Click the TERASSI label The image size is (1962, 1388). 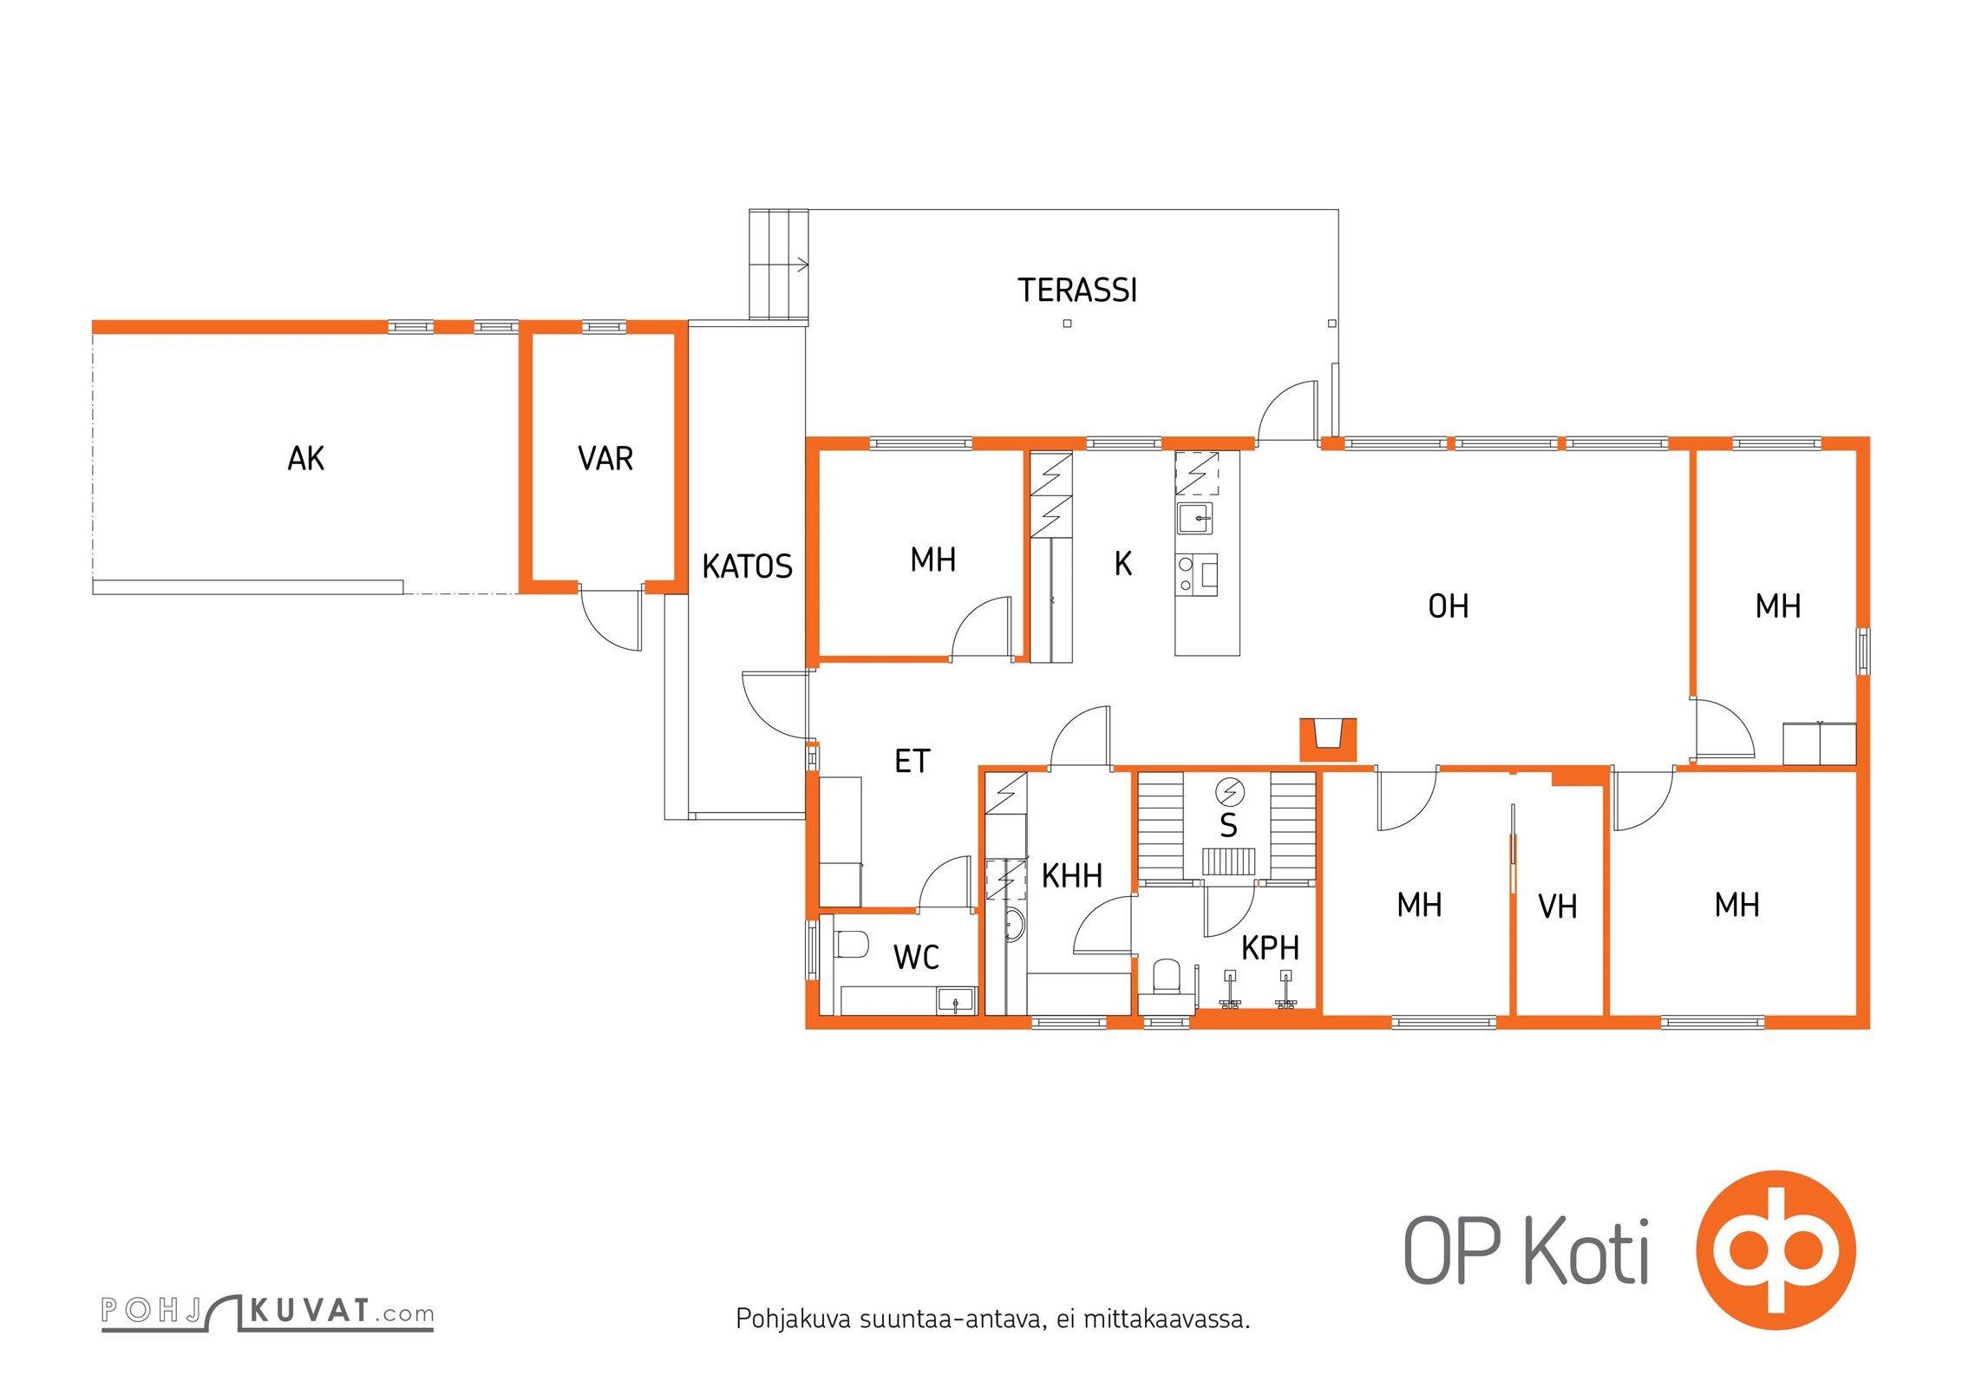pos(1076,290)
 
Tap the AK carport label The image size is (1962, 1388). pos(305,458)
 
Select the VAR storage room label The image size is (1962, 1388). pos(605,458)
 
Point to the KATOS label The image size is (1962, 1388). pos(747,566)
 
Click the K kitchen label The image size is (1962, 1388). pos(1122,564)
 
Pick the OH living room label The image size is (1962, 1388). pos(1449,606)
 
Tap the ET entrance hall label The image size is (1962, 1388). pos(912,761)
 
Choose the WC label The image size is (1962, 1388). pos(916,957)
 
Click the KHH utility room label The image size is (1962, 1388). pos(1071,876)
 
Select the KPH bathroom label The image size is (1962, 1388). pos(1270,948)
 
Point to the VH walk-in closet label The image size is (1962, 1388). pos(1557,907)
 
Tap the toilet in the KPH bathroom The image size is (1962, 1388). pos(1167,976)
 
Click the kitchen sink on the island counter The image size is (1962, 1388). pos(1195,519)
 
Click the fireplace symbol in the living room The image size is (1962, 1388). pos(1328,740)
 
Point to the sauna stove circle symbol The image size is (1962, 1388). pos(1230,792)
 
